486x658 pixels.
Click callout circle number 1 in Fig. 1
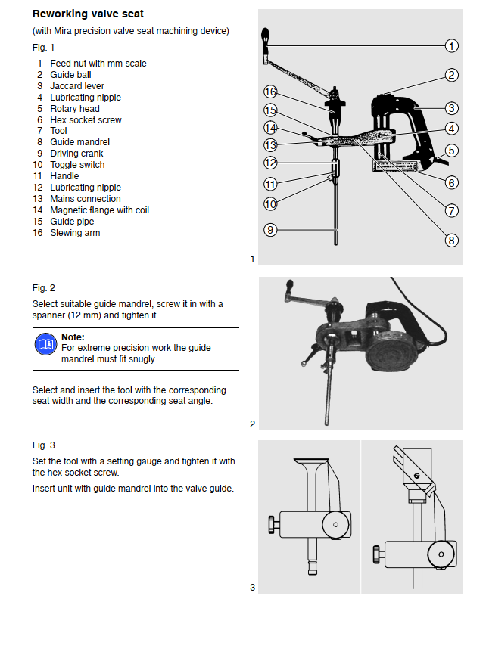point(452,46)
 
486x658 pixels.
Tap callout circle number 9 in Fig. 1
point(270,229)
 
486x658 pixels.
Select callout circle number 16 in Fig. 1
point(270,92)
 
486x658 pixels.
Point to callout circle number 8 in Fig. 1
point(451,241)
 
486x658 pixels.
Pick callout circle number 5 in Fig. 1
point(451,151)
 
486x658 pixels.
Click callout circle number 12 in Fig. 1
point(270,163)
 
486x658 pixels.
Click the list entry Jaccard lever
point(76,86)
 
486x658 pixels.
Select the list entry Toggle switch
point(77,165)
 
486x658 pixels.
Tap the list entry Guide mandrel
point(79,142)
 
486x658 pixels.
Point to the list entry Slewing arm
point(75,233)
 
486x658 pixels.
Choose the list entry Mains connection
point(85,199)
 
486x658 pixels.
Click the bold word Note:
point(73,337)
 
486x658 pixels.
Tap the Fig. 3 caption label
point(44,445)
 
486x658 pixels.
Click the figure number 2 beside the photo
point(252,424)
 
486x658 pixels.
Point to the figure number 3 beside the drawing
point(252,587)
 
